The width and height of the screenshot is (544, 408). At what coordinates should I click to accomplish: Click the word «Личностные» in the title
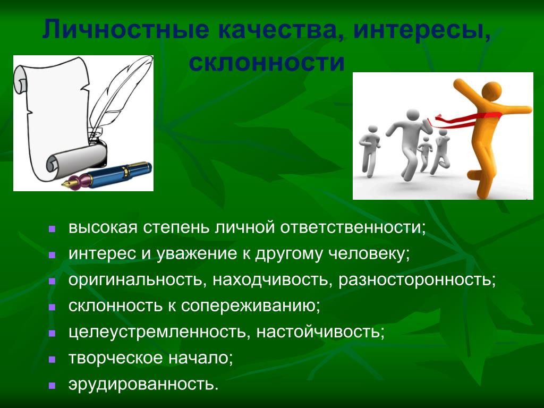tap(126, 30)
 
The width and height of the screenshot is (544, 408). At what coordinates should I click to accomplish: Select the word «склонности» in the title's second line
tap(267, 63)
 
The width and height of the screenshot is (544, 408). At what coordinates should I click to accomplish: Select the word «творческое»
tap(116, 358)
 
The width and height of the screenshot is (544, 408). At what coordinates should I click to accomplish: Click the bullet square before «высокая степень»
tap(53, 229)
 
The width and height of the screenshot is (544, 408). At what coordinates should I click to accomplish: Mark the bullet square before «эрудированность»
tap(53, 385)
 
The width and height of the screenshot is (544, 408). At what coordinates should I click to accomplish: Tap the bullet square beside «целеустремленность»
tap(53, 333)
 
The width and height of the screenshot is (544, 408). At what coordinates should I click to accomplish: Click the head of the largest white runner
tap(412, 116)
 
